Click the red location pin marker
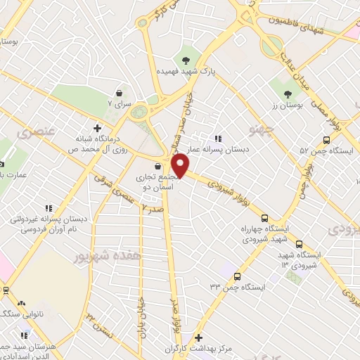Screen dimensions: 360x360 [181, 166]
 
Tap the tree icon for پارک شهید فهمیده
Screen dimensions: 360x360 [186, 60]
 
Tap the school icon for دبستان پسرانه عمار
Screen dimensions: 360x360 [219, 139]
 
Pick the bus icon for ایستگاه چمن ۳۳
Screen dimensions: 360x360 [237, 276]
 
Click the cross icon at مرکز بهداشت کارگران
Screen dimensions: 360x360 [198, 338]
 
